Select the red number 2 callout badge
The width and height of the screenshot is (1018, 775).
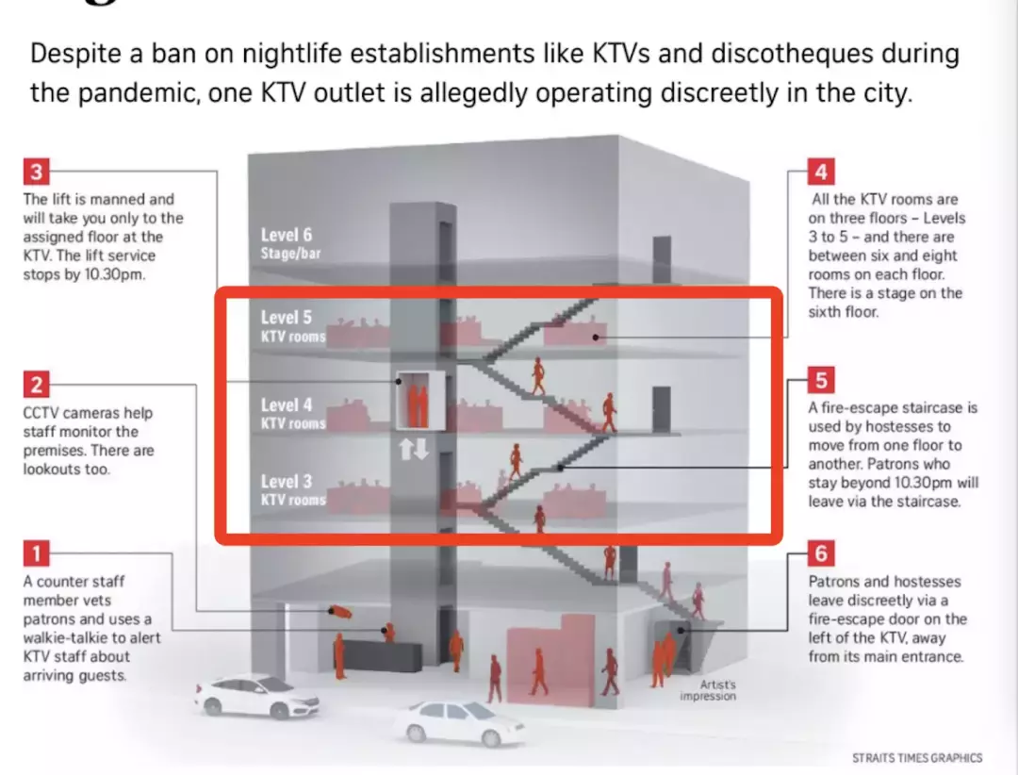click(35, 385)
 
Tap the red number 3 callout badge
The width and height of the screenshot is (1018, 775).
click(35, 172)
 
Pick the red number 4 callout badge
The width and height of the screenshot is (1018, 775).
click(821, 172)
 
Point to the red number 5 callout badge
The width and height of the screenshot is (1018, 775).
click(821, 381)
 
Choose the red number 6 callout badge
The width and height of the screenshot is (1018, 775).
click(821, 553)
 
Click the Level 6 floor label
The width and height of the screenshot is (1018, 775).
click(287, 235)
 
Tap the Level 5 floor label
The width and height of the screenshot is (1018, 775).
click(287, 318)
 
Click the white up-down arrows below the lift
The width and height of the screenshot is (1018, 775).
click(414, 449)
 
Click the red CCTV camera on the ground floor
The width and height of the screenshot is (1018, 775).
click(340, 612)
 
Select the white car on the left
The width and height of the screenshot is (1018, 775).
click(255, 697)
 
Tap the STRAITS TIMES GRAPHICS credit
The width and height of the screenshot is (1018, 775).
click(916, 757)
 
